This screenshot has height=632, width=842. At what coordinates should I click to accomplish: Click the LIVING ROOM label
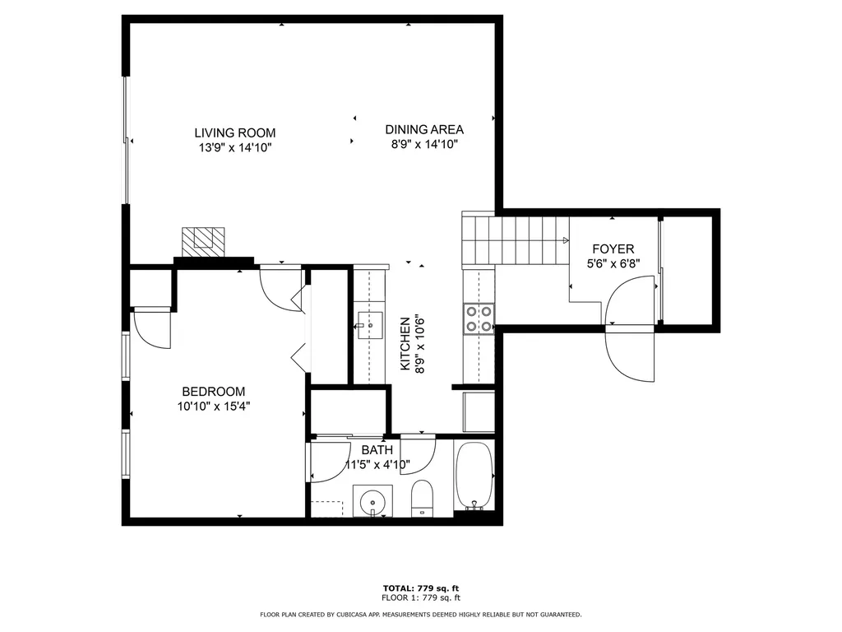[234, 132]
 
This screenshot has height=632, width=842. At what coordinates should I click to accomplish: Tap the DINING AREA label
[424, 129]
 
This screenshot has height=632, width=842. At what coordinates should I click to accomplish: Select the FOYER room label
[613, 249]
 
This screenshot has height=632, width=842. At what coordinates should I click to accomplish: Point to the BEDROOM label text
[213, 392]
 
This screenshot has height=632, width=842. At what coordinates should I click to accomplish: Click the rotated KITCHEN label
[405, 344]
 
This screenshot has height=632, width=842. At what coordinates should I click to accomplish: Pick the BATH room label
[377, 450]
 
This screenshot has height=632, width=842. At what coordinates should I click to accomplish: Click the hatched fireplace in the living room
[202, 241]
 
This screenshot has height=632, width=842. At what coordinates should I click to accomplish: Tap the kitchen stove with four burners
[479, 318]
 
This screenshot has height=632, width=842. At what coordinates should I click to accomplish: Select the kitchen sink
[370, 326]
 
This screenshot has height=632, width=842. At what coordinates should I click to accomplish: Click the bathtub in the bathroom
[474, 476]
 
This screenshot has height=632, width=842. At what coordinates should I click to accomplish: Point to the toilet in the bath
[422, 498]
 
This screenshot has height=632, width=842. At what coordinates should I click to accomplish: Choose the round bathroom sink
[372, 500]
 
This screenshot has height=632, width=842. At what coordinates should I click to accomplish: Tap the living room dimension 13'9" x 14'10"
[234, 148]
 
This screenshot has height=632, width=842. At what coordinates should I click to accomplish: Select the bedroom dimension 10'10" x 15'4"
[213, 407]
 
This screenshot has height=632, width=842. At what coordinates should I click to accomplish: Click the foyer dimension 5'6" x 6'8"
[613, 264]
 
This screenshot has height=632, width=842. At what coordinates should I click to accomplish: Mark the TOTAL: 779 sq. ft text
[420, 588]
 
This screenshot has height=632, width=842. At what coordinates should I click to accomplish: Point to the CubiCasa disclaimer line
[420, 615]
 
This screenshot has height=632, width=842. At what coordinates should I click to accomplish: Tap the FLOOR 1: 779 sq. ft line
[420, 598]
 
